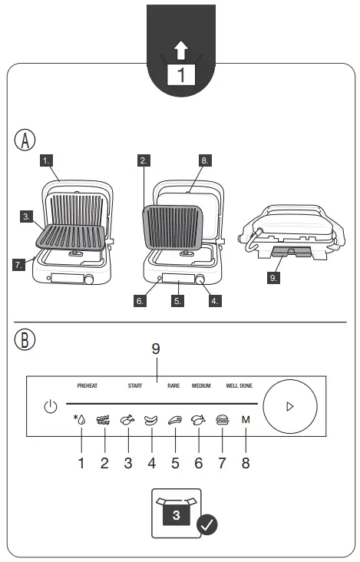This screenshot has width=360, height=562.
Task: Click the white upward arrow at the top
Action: pos(181,51)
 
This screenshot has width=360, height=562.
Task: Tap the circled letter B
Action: pos(25,340)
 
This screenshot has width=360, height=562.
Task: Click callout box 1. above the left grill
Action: pos(48,161)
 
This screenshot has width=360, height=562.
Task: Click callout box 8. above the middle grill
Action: pos(205,161)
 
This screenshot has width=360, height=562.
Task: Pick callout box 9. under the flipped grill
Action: pos(274,277)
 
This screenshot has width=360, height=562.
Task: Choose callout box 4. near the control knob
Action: pos(216,301)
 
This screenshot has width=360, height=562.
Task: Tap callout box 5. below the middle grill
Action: pos(177,301)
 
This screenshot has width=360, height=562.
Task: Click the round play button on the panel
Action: pos(289,406)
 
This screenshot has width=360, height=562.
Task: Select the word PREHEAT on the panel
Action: pos(88,385)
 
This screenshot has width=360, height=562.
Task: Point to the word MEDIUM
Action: pos(201,385)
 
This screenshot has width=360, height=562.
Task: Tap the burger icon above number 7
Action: pos(223,420)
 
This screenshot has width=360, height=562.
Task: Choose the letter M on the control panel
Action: pos(246,420)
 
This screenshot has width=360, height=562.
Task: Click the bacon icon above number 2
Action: pos(103,420)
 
